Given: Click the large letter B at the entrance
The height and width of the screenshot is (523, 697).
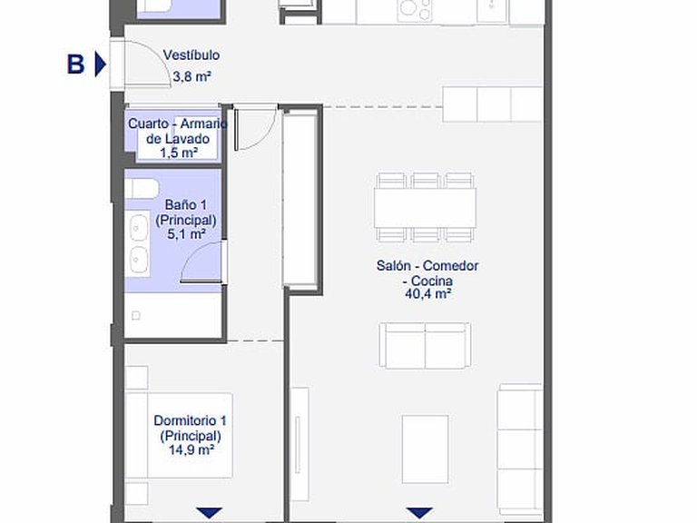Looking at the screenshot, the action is pyautogui.click(x=75, y=64).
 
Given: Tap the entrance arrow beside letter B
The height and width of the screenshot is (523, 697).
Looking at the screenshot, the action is pyautogui.click(x=101, y=64).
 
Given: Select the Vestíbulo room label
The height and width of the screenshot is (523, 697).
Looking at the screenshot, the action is pyautogui.click(x=191, y=55).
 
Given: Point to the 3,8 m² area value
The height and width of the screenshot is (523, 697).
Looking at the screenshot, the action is pyautogui.click(x=191, y=76).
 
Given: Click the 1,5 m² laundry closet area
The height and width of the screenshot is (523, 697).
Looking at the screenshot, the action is pyautogui.click(x=179, y=153).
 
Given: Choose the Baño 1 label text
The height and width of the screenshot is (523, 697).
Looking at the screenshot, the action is pyautogui.click(x=186, y=204).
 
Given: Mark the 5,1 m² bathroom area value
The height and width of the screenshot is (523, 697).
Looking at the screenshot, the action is pyautogui.click(x=186, y=233).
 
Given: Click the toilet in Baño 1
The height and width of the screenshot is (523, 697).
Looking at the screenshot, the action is pyautogui.click(x=142, y=189).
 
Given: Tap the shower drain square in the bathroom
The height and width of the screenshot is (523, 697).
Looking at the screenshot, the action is pyautogui.click(x=136, y=316).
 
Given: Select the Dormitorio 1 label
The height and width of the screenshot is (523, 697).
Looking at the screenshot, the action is pyautogui.click(x=191, y=420).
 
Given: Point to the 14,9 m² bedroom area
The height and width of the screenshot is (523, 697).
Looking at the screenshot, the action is pyautogui.click(x=191, y=449).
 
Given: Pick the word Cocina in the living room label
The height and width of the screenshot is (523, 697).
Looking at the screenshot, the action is pyautogui.click(x=432, y=281).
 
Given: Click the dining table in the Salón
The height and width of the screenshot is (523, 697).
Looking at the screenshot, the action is pyautogui.click(x=425, y=208).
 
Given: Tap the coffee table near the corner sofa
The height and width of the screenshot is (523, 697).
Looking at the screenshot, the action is pyautogui.click(x=425, y=449).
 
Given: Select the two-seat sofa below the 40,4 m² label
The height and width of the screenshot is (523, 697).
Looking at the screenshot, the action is pyautogui.click(x=425, y=346).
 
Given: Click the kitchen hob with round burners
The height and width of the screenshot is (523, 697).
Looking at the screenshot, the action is pyautogui.click(x=415, y=10).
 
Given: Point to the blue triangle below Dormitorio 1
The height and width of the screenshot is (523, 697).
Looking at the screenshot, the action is pyautogui.click(x=209, y=513).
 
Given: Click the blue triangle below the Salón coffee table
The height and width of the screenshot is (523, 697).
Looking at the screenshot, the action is pyautogui.click(x=419, y=513).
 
